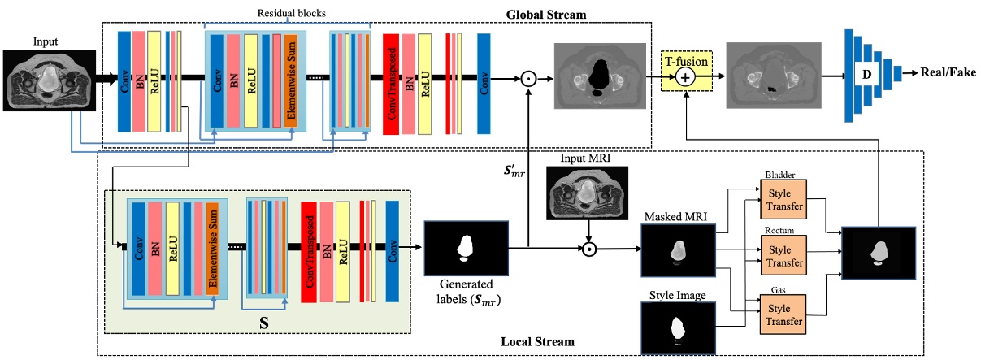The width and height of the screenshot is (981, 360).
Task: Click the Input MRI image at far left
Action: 50,80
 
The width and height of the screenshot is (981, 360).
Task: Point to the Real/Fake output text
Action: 948,72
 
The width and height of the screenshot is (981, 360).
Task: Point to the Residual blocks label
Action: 286,11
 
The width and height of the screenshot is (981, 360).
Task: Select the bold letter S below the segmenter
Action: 263,320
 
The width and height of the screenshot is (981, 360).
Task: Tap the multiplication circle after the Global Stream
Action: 528,78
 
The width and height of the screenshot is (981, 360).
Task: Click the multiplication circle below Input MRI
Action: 590,247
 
